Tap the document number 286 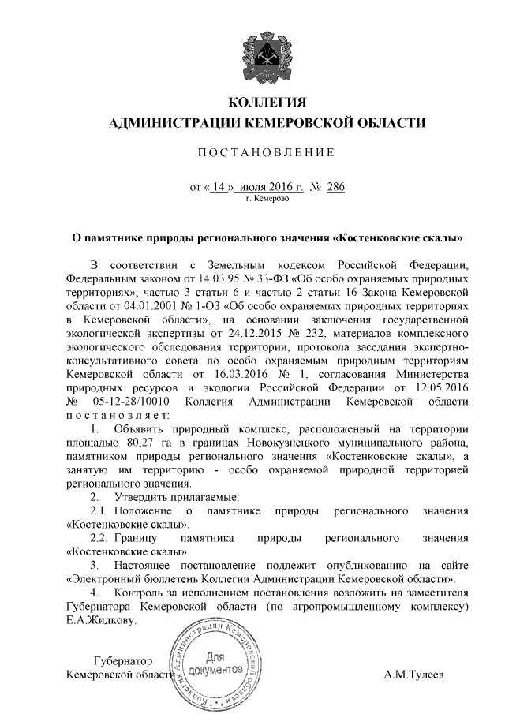click(335, 187)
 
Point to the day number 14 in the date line click(219, 187)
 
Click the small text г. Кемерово click(267, 200)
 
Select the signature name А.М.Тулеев click(414, 675)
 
